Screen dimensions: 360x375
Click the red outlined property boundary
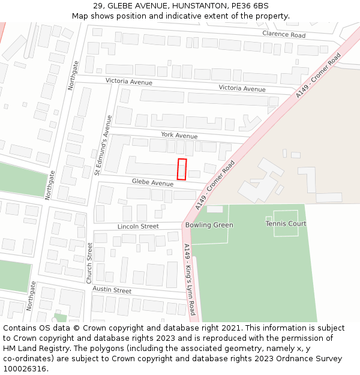pos(182,169)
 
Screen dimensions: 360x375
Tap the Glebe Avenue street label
pos(152,182)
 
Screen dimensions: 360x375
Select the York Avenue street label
pos(179,136)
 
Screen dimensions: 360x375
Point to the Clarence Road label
pos(284,35)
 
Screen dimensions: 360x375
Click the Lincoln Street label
pos(138,226)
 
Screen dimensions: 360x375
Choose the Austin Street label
pos(112,290)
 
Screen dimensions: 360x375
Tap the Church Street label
pos(89,263)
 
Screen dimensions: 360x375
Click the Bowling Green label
pos(209,225)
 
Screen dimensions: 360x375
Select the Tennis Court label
pos(286,224)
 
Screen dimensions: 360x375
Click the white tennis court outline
pos(286,223)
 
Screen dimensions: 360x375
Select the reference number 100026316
pos(24,369)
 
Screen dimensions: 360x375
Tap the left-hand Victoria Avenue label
pos(129,82)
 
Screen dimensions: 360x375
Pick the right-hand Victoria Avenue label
pos(242,89)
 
